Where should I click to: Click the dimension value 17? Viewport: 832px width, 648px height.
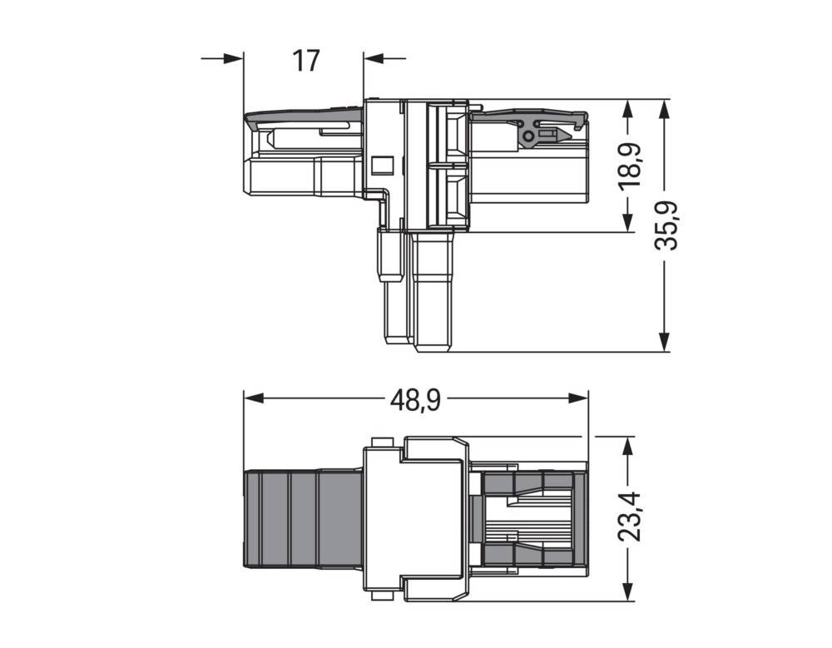point(306,60)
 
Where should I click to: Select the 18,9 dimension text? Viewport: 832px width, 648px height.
point(631,165)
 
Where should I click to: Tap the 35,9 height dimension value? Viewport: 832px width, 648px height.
point(666,225)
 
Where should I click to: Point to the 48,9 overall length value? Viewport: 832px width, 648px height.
point(416,399)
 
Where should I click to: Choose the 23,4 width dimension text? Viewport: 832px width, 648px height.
point(631,517)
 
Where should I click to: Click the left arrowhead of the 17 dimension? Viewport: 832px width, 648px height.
point(234,58)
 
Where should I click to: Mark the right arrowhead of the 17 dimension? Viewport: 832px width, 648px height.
point(373,58)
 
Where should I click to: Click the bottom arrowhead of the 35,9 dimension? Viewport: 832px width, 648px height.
point(664,342)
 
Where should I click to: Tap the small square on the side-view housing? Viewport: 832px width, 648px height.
point(381,165)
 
